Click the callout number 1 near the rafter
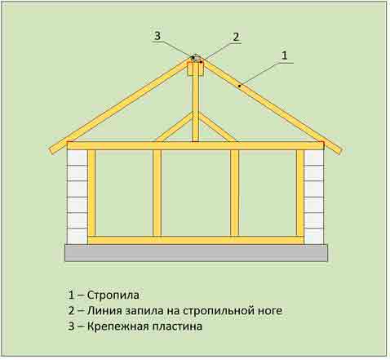(284, 56)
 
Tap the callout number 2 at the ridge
(236, 37)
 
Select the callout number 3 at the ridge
(157, 36)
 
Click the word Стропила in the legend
(113, 295)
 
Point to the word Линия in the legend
(104, 310)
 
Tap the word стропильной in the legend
(216, 311)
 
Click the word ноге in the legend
(268, 311)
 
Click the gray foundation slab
(196, 253)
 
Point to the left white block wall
(78, 197)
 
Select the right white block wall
(314, 197)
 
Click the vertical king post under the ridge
(196, 109)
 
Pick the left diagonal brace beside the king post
(175, 127)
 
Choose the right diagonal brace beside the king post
(217, 127)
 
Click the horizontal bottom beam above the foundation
(196, 240)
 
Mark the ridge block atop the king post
(196, 69)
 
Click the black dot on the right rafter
(240, 87)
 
